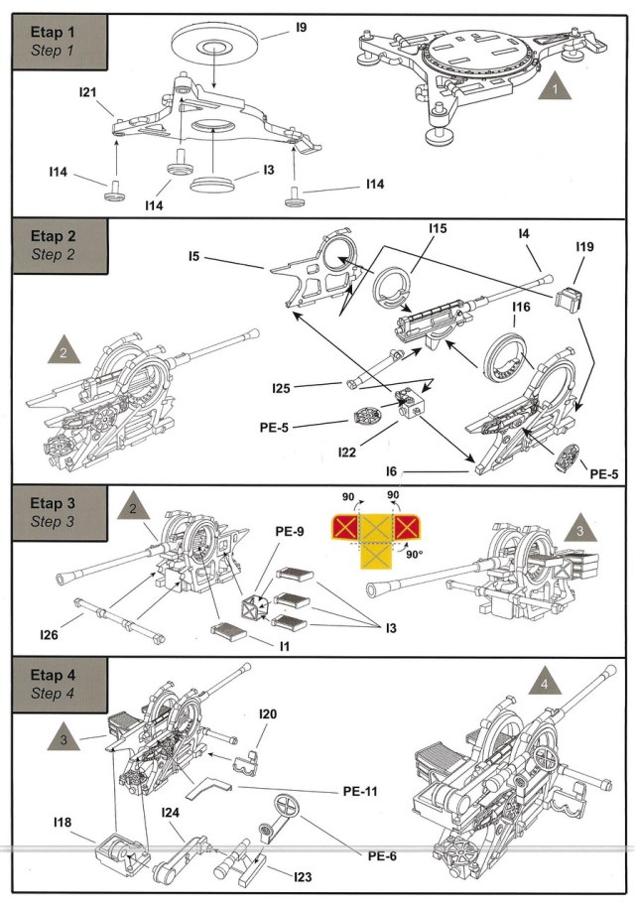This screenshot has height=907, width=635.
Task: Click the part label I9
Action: click(302, 32)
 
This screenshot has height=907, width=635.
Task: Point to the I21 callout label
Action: click(87, 91)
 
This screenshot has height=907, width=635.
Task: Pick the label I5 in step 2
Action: click(193, 257)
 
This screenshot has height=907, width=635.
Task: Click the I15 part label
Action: click(438, 229)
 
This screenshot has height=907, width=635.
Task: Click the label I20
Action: click(268, 713)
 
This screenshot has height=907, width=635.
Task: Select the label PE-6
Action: click(382, 855)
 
